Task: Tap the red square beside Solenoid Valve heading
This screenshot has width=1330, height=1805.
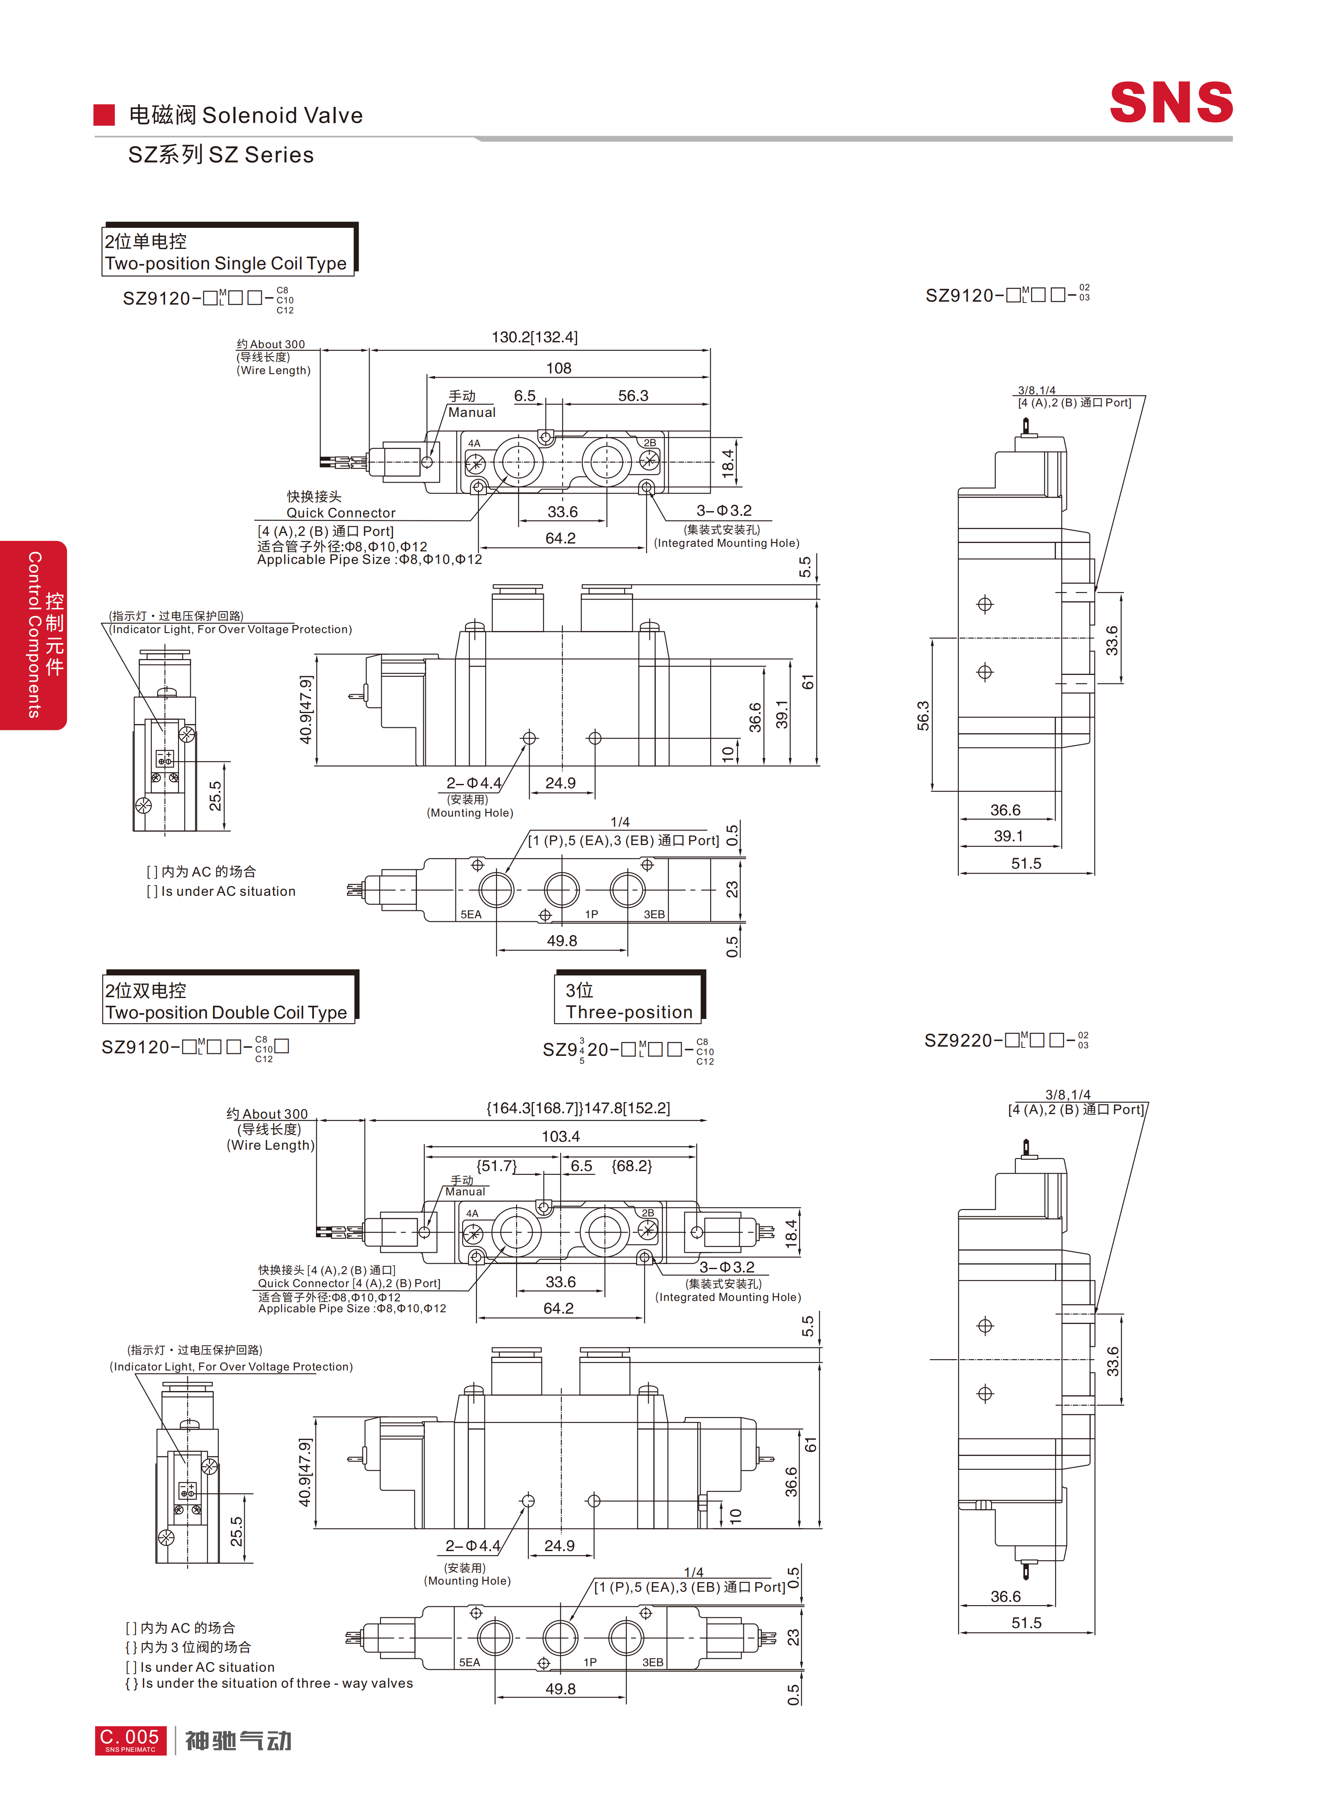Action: click(x=104, y=114)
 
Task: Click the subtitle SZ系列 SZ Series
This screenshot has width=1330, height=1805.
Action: click(x=220, y=155)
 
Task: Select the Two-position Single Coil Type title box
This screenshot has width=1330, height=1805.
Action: click(x=230, y=251)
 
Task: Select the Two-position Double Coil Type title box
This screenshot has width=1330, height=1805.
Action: click(x=230, y=998)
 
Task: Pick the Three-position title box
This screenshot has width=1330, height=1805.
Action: click(x=629, y=998)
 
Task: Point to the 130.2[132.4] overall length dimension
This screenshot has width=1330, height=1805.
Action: click(x=535, y=337)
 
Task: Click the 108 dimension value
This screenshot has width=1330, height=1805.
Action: click(x=559, y=368)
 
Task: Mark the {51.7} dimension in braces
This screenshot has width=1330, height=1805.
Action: click(x=496, y=1166)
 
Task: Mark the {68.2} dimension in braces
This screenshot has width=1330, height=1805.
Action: click(x=632, y=1166)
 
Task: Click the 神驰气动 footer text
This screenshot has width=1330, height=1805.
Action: click(x=238, y=1740)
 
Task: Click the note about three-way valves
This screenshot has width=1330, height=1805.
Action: click(x=269, y=1683)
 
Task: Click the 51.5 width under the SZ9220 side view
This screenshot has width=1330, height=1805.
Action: click(x=1027, y=1623)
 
